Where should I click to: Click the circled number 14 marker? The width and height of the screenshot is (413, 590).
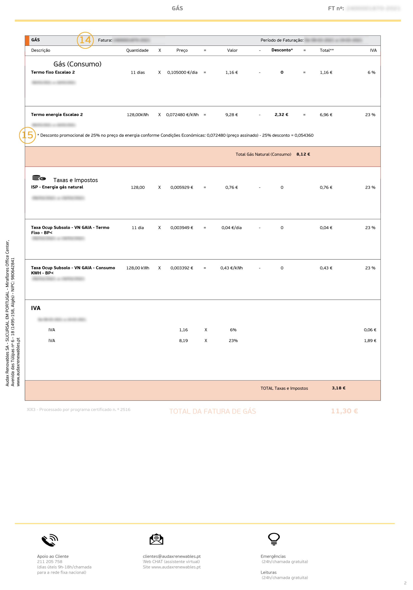coord(85,40)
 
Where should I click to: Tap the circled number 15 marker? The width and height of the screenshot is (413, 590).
coord(27,135)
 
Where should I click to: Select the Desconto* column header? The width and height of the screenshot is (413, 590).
coord(282,50)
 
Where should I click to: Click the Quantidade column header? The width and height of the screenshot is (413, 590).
coord(137,50)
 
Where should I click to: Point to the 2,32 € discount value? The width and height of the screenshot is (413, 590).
coord(281,115)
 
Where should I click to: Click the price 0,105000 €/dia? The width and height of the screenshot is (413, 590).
coord(182,72)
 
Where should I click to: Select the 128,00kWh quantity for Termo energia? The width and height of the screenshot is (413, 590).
coord(138,115)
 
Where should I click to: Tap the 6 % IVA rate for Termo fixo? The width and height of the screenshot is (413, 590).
coord(371,72)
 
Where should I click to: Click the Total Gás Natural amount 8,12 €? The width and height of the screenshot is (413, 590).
coord(303,154)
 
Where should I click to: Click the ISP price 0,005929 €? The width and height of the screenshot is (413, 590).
coord(182,187)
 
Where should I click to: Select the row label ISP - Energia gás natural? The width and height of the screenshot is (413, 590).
coord(57,187)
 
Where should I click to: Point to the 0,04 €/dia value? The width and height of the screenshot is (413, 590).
coord(232,228)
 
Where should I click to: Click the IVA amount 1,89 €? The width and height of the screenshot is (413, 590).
coord(370,340)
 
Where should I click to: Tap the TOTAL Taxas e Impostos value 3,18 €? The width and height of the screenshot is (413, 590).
coord(339,388)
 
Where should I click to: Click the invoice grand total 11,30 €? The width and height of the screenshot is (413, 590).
coord(344,411)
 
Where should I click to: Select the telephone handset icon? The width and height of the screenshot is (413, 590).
coord(50,540)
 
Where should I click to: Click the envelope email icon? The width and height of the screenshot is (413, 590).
coord(156,539)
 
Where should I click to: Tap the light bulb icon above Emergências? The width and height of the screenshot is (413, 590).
coord(274,539)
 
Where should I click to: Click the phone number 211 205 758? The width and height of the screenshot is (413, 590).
coord(50,562)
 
